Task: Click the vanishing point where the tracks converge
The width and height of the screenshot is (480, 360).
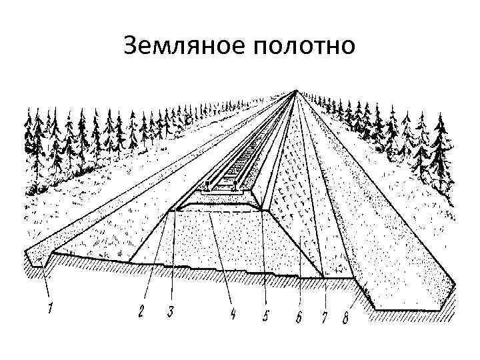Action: point(294,91)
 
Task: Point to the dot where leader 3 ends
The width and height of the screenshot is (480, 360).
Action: point(174,210)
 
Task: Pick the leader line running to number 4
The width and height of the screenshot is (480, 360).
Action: point(221,260)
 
